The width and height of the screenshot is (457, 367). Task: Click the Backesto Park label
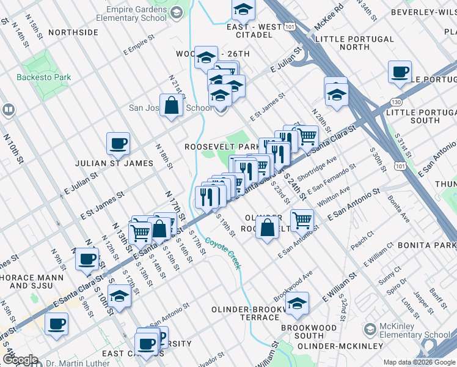click(x=43, y=78)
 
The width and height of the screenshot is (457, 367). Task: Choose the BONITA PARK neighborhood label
click(x=426, y=245)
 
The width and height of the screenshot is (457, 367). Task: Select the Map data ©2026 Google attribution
click(x=419, y=362)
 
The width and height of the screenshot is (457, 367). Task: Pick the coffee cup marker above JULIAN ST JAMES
click(x=118, y=144)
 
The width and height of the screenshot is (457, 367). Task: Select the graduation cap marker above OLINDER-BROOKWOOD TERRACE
click(x=297, y=303)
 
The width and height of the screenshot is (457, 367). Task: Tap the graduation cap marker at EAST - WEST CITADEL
click(x=243, y=10)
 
